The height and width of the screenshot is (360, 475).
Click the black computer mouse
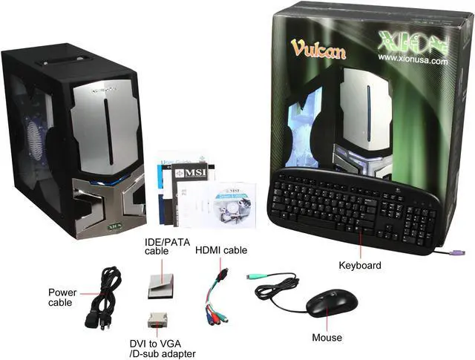click(x=332, y=302)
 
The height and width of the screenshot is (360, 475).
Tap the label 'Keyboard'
click(x=359, y=265)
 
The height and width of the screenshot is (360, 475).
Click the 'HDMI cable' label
click(x=221, y=251)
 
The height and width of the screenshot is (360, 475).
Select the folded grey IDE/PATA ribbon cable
click(x=160, y=285)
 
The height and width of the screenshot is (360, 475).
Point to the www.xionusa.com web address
click(x=412, y=61)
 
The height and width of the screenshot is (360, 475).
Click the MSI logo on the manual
click(x=194, y=174)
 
